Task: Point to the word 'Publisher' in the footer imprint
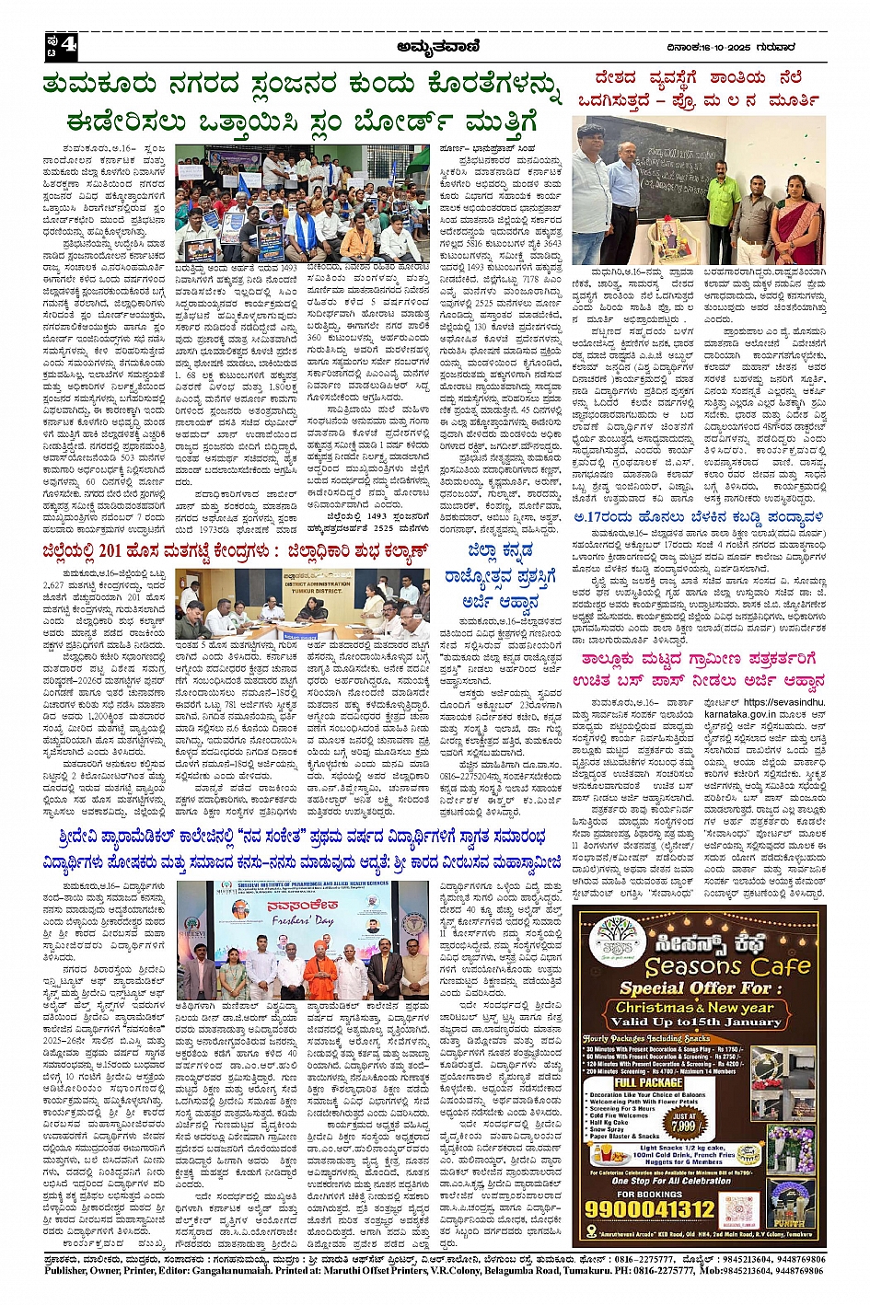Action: [66, 1271]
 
